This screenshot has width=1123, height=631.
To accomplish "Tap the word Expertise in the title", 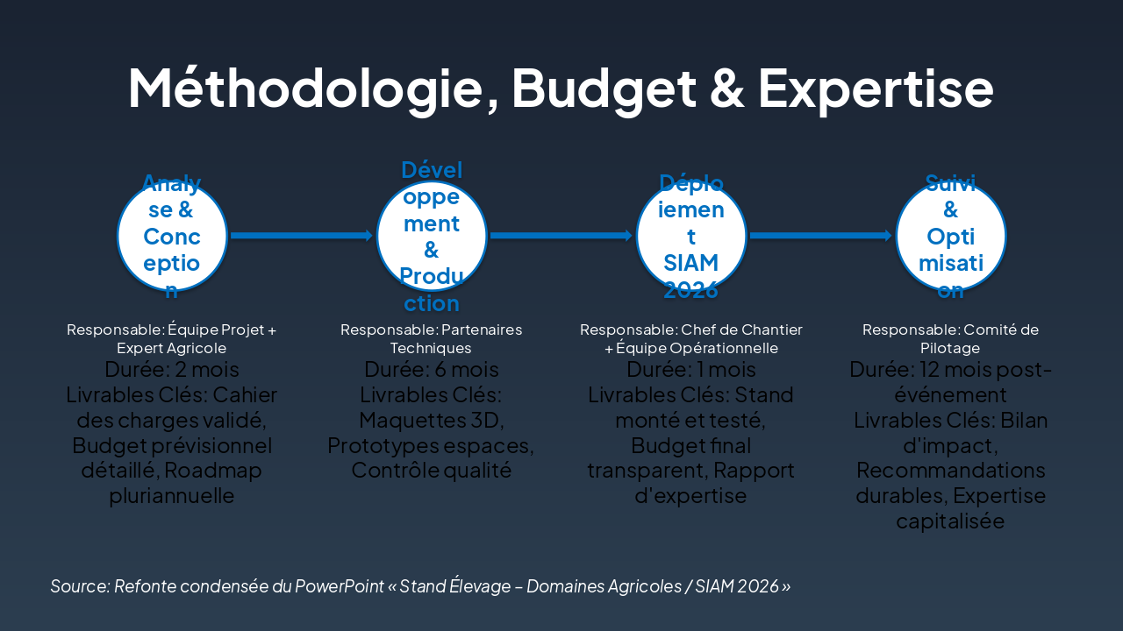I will pyautogui.click(x=875, y=88).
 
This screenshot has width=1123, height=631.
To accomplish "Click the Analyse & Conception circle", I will pyautogui.click(x=172, y=236).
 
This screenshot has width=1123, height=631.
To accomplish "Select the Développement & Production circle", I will pyautogui.click(x=432, y=236).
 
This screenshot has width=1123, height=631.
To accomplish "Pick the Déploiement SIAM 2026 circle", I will pyautogui.click(x=691, y=236).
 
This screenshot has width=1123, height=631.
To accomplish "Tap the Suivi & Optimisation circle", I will pyautogui.click(x=950, y=236).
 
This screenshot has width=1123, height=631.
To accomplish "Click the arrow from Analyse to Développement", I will pyautogui.click(x=302, y=236).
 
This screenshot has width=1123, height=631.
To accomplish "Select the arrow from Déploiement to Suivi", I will pyautogui.click(x=821, y=236).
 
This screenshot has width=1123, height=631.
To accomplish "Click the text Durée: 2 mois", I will pyautogui.click(x=172, y=369).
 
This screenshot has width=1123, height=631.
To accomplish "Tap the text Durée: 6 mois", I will pyautogui.click(x=432, y=369).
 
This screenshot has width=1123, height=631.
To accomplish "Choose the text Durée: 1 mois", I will pyautogui.click(x=691, y=369).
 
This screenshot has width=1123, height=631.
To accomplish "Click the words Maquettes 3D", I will pyautogui.click(x=432, y=420).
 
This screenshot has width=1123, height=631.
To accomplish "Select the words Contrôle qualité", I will pyautogui.click(x=432, y=471).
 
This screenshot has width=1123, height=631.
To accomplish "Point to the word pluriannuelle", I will pyautogui.click(x=172, y=496).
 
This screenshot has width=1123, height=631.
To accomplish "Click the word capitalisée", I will pyautogui.click(x=950, y=521).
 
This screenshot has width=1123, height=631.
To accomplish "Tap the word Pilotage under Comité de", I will pyautogui.click(x=950, y=348).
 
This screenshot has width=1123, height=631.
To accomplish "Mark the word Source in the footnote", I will pyautogui.click(x=79, y=586).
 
